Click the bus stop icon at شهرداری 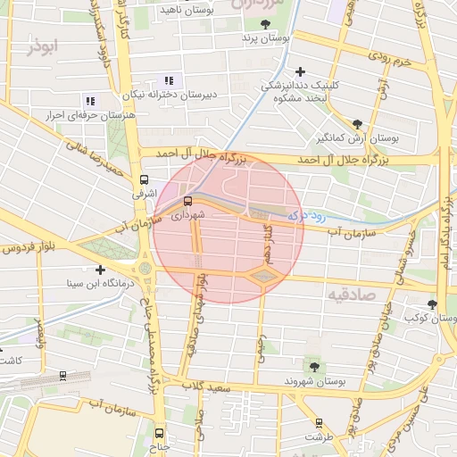pos(187,200)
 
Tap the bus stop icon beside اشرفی pos(145,179)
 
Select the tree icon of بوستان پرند pos(265,24)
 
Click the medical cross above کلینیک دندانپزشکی pos(300,71)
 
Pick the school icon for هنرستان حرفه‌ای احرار pos(89,101)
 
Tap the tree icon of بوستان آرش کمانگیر pos(358,124)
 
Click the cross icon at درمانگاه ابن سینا pos(100,270)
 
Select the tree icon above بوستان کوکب pos(432,303)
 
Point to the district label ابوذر pos(42,46)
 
